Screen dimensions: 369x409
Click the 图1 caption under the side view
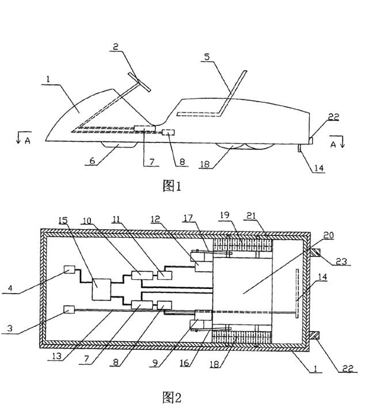(x=172, y=186)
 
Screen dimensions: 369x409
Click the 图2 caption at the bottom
(x=172, y=398)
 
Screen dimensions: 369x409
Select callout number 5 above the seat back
(x=207, y=57)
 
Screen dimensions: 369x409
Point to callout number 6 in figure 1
(x=92, y=161)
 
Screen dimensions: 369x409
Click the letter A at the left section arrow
(x=28, y=141)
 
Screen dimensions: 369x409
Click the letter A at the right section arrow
(x=333, y=144)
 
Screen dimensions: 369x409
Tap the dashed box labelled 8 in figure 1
(x=168, y=133)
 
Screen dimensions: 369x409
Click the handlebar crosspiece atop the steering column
(x=139, y=82)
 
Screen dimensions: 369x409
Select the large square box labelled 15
(x=101, y=290)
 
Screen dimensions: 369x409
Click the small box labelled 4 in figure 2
(x=70, y=269)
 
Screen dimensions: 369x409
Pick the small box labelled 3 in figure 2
(x=69, y=310)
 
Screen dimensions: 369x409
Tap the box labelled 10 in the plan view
(x=142, y=275)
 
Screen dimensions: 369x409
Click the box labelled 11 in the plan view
(x=165, y=275)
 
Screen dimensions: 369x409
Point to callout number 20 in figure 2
(x=329, y=236)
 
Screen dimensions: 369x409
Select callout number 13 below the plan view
(x=55, y=356)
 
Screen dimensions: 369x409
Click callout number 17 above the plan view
(x=188, y=218)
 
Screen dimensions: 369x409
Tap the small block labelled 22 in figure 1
(x=311, y=140)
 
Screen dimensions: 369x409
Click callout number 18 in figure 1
(x=205, y=164)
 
